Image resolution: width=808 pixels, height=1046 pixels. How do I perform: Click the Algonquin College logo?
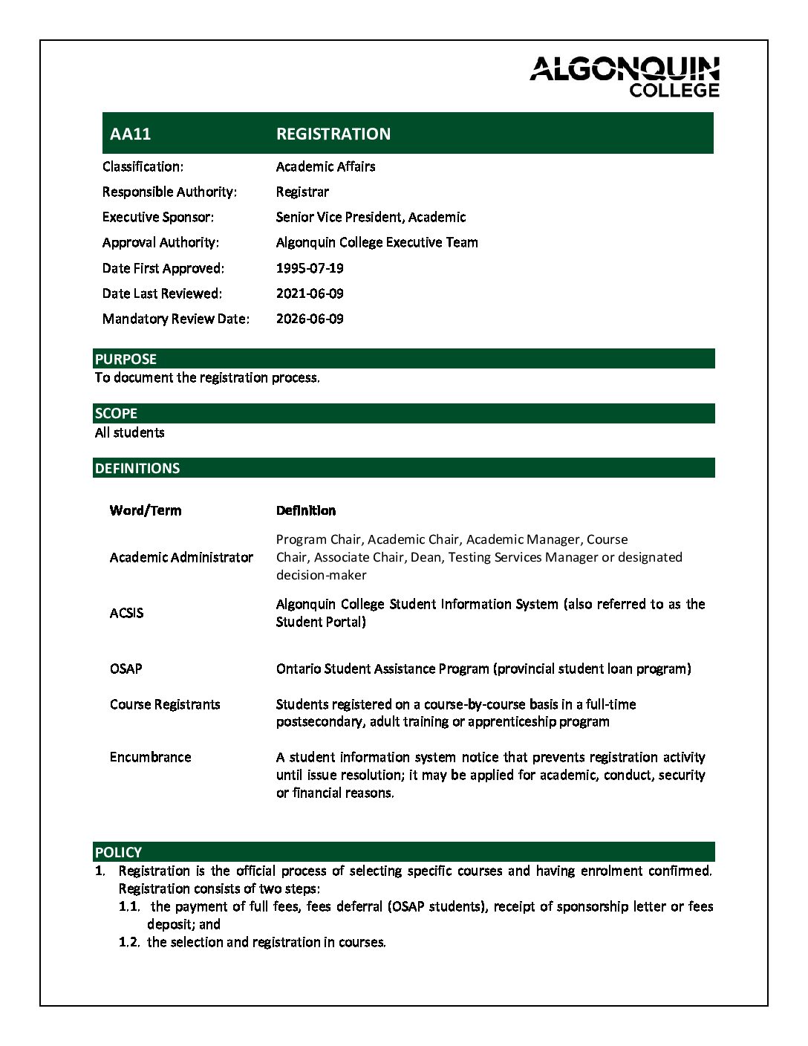point(625,76)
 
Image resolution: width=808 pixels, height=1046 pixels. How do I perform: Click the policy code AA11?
point(130,134)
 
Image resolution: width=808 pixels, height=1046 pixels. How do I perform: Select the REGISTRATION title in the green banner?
point(333,134)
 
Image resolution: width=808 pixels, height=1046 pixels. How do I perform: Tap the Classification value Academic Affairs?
point(325,166)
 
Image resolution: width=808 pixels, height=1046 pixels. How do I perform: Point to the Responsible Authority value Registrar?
point(302,192)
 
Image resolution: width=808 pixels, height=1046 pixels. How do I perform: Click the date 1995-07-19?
point(310,268)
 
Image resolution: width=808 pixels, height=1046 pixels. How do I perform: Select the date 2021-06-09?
point(310,293)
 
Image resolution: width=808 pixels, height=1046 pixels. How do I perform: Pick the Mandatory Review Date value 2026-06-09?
point(310,319)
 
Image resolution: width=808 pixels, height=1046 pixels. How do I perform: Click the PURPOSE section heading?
point(126,359)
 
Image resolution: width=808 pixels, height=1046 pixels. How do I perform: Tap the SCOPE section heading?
point(116,413)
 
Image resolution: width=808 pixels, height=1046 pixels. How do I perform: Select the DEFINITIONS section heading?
point(137,468)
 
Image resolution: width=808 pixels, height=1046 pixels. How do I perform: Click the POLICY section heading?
point(118,852)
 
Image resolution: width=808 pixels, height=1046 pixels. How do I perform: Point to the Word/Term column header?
point(146,510)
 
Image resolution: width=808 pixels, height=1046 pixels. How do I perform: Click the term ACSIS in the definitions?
point(126,613)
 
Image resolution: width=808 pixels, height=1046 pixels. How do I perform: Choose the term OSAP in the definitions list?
point(126,669)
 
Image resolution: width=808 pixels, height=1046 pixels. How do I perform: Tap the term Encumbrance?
point(150,757)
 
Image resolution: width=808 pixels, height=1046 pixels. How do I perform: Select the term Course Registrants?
point(165,704)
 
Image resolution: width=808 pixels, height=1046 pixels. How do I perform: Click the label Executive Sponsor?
point(158,217)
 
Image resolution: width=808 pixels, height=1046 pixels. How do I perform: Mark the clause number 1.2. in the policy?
point(128,942)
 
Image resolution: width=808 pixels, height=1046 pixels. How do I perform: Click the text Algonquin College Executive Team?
point(377,242)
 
